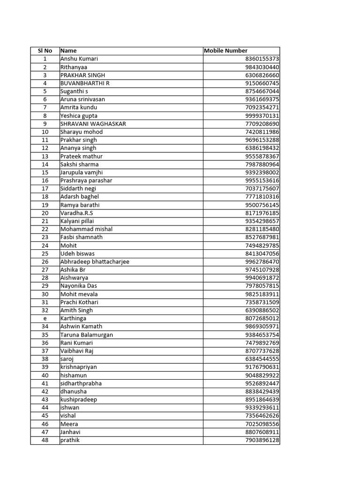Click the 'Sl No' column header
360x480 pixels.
[45, 51]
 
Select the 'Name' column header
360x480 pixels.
[68, 51]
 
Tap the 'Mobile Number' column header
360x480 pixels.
[226, 51]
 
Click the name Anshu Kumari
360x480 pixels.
[79, 59]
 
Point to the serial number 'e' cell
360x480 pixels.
[45, 318]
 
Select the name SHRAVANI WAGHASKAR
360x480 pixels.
[93, 124]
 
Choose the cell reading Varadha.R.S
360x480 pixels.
[77, 213]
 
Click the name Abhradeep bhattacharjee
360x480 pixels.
[95, 262]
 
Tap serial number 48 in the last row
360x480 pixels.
[45, 440]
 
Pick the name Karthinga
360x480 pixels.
[73, 318]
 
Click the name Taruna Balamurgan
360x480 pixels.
[87, 335]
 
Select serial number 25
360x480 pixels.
[45, 254]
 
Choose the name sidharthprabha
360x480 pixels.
[81, 383]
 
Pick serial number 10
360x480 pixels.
[45, 132]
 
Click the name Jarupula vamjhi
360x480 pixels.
[82, 172]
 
